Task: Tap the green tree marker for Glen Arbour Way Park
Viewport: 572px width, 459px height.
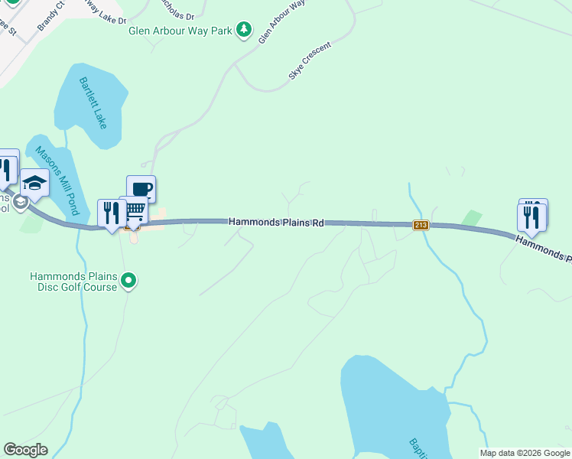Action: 244,30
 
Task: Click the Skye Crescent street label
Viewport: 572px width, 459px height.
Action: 310,62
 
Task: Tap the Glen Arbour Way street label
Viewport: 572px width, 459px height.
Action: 281,21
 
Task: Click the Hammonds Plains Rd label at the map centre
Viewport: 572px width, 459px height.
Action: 277,222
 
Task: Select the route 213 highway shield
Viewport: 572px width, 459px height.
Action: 420,225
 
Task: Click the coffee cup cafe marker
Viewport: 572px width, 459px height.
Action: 141,189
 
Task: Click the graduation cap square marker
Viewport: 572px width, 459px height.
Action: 34,182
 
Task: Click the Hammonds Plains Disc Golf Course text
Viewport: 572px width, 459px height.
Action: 73,282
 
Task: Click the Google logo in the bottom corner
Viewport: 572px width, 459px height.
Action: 25,450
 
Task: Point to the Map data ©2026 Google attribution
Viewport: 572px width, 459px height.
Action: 524,453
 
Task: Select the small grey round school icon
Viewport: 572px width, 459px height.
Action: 20,203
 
